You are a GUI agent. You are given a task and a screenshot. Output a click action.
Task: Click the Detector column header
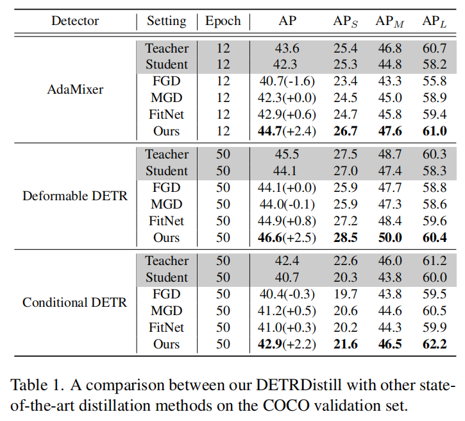pos(75,21)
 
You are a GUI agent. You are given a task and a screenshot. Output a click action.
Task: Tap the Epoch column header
pos(223,21)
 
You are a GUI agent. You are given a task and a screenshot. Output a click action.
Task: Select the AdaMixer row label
pos(75,89)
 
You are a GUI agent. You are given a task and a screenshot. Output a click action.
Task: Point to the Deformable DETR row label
pos(75,196)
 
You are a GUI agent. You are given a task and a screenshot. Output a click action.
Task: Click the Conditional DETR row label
pos(75,302)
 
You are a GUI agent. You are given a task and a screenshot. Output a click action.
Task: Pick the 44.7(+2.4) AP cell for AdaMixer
pos(287,132)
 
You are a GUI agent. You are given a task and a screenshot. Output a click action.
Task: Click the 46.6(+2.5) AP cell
pos(287,238)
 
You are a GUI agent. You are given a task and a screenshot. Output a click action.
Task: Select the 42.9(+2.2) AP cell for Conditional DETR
pos(287,344)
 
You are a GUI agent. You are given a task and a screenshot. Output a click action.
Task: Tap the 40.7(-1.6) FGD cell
pos(287,82)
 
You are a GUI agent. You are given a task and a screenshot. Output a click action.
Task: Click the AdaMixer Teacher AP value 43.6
pos(287,48)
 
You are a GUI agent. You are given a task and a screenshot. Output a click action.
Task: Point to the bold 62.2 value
pos(434,344)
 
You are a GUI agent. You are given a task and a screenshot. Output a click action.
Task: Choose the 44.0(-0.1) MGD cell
pos(287,205)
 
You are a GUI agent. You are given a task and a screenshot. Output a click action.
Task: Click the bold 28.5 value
pos(345,238)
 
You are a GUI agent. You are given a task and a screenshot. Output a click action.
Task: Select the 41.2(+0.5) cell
pos(287,311)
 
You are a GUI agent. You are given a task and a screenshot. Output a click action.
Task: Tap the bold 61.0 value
pos(434,132)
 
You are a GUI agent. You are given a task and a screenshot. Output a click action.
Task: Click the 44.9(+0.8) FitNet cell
pos(287,221)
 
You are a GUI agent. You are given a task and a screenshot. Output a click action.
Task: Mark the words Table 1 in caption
pos(33,386)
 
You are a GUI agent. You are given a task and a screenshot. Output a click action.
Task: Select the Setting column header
pos(167,21)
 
